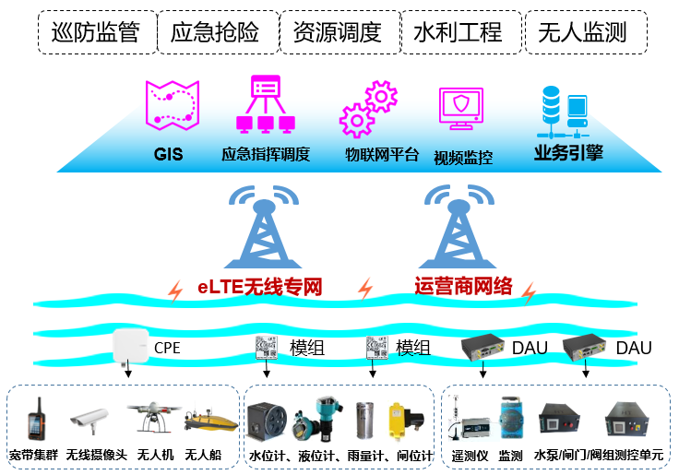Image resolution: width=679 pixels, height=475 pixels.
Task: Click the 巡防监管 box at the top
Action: (96, 32)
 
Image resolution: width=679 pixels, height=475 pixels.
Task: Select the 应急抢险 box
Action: (215, 32)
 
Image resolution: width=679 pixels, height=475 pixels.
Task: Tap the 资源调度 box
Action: (337, 32)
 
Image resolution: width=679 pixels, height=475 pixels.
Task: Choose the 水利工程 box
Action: (459, 32)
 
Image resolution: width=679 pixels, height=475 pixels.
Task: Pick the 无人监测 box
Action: (582, 32)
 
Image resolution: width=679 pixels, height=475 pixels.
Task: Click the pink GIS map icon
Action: (173, 105)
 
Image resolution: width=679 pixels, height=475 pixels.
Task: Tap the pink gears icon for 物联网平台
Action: (367, 109)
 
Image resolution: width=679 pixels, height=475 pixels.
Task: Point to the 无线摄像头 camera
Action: (89, 422)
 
